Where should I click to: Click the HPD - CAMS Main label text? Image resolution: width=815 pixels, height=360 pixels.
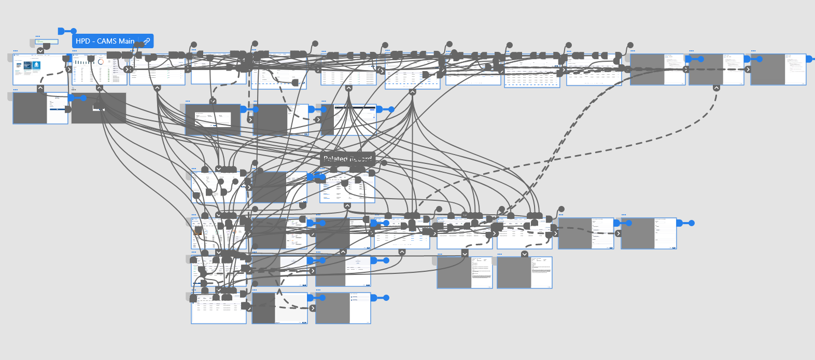coord(105,41)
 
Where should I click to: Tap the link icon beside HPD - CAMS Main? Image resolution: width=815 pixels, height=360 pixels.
coord(147,41)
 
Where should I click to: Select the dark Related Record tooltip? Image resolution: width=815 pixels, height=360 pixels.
coord(347,159)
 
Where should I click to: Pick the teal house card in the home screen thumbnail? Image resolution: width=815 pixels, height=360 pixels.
coord(36,65)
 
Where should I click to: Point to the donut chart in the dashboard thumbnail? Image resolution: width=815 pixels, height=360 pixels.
coord(101,62)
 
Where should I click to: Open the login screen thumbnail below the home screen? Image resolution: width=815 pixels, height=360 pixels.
coord(40,108)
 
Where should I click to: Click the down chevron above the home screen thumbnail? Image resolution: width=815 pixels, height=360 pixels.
coord(40,51)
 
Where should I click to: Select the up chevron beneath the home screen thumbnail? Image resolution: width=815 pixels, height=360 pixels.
coord(40,88)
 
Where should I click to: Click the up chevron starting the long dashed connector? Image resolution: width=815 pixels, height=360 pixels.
coord(716,88)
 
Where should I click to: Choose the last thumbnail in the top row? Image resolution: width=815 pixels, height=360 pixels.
coord(778,70)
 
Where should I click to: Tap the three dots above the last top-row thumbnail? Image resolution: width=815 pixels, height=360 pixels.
coord(753,51)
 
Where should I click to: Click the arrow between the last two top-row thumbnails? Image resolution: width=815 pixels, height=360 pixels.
coord(748,70)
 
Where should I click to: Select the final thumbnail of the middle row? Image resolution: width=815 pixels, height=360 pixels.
coord(649,233)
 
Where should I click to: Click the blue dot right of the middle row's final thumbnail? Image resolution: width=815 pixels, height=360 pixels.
coord(691,223)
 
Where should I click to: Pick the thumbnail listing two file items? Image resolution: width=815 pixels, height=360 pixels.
coord(343,308)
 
